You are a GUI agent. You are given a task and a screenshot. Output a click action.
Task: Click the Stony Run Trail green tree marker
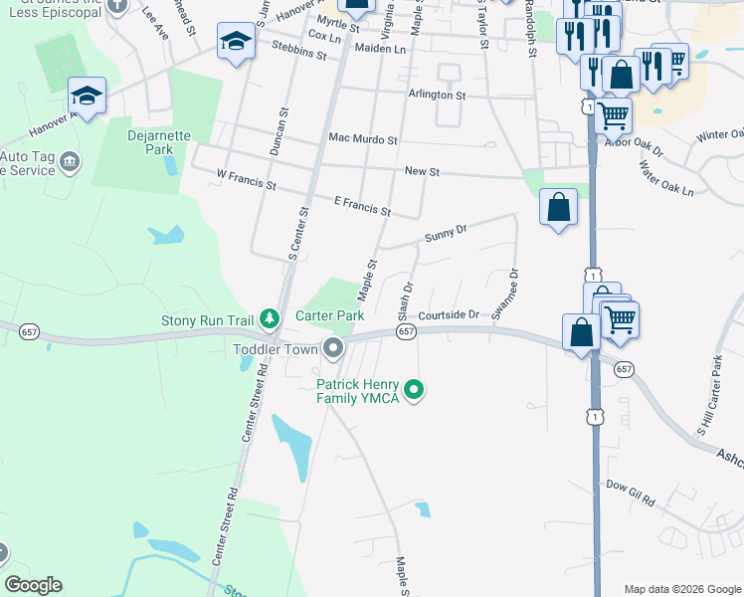tap(269, 319)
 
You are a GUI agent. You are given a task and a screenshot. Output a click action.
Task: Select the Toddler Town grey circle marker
tap(333, 348)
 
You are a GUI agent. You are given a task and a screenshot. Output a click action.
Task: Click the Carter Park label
tap(330, 315)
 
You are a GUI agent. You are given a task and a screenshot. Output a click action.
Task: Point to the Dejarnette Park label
tap(151, 142)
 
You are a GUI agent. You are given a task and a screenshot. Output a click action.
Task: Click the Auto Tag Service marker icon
tap(70, 161)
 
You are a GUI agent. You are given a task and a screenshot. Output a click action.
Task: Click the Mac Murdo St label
tap(362, 140)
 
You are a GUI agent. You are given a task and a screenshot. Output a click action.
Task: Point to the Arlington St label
tap(437, 95)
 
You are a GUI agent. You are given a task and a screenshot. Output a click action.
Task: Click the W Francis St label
tap(246, 179)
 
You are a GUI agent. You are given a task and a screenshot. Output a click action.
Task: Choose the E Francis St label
tap(362, 206)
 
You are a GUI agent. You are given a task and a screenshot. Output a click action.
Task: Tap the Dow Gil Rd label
tap(631, 492)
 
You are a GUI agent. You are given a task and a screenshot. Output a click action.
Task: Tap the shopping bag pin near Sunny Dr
tap(558, 207)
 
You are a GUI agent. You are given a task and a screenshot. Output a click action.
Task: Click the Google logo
tap(33, 584)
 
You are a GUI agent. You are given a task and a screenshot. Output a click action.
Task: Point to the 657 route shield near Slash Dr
tap(405, 331)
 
